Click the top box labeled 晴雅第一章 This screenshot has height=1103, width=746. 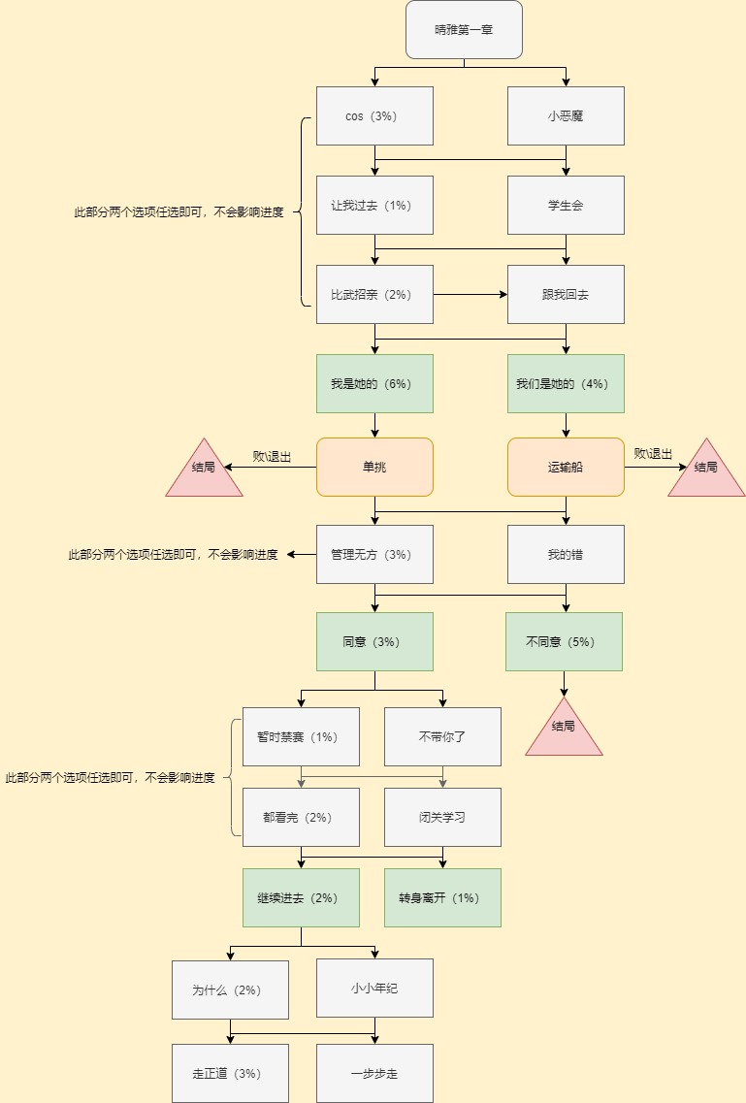point(464,29)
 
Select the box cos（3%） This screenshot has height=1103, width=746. point(374,116)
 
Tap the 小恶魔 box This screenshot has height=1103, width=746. point(566,116)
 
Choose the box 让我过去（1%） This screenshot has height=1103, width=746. point(374,206)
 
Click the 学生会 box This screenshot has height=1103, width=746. point(566,206)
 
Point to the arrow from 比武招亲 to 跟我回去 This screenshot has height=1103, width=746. point(470,295)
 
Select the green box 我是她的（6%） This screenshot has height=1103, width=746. point(374,383)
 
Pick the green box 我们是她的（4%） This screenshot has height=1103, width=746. point(566,383)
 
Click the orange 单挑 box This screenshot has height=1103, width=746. point(374,467)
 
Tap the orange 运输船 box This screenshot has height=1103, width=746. point(566,467)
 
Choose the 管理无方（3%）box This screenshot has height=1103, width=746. point(374,554)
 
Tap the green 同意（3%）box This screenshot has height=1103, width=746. point(374,641)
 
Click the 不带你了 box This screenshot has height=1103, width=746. point(442,736)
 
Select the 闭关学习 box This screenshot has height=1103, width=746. point(442,818)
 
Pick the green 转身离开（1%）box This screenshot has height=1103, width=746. point(442,897)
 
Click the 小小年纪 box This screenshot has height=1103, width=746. point(374,988)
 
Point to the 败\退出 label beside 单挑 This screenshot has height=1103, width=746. point(272,457)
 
